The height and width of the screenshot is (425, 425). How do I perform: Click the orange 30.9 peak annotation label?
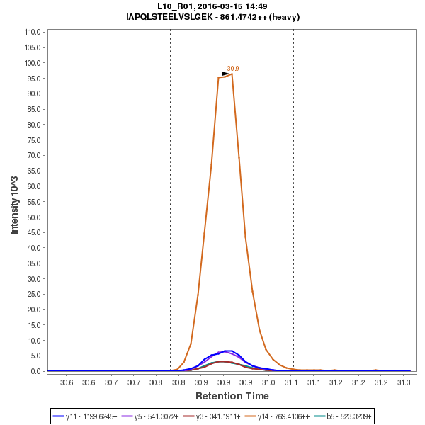coord(233,69)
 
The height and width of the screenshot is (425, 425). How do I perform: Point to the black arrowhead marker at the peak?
coord(226,74)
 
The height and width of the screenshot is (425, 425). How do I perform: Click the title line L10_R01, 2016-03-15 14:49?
coord(212,6)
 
